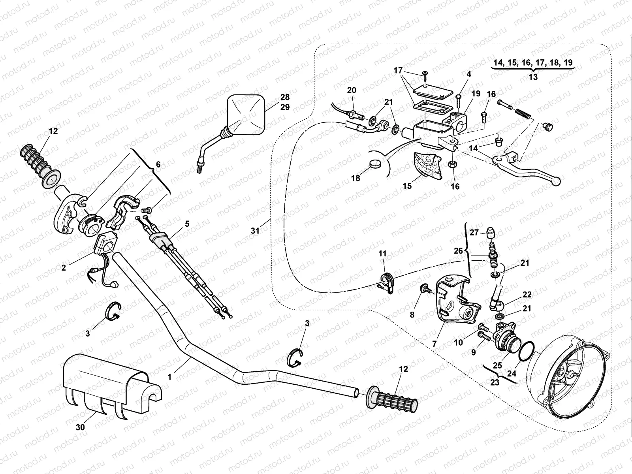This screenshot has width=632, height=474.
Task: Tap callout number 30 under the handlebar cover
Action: (81, 427)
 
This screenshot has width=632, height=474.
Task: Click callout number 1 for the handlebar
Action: (169, 377)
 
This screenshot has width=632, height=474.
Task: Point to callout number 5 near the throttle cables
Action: (187, 224)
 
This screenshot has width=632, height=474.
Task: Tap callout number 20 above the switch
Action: (351, 90)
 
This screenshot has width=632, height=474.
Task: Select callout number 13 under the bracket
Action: (533, 77)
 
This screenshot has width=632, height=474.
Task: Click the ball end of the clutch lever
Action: (557, 182)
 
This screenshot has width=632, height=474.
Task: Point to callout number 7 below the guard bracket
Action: (434, 344)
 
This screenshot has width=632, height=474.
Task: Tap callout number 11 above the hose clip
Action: (382, 254)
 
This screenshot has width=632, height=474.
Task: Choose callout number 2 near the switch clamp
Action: (64, 267)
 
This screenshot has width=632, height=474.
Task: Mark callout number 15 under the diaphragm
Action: (407, 186)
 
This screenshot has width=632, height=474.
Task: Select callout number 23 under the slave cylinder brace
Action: (495, 382)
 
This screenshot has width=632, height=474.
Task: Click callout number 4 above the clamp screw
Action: (468, 74)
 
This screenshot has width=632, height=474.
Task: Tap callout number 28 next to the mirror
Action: (285, 97)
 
